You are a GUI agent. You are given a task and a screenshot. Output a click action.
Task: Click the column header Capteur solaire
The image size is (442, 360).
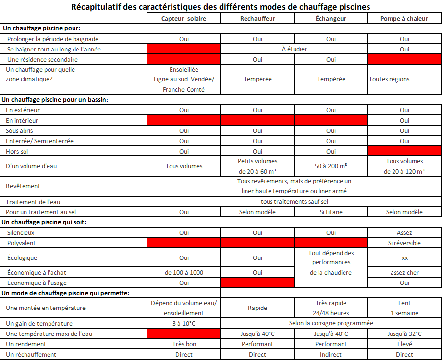tap(184, 18)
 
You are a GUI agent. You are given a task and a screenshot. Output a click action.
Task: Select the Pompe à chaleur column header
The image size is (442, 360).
tap(404, 18)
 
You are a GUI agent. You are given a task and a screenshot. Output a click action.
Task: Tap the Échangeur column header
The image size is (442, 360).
tap(331, 18)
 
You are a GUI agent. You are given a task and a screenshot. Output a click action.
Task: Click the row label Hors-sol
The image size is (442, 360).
tap(18, 152)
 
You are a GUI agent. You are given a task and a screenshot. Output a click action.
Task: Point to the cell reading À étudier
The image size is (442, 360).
tap(294, 49)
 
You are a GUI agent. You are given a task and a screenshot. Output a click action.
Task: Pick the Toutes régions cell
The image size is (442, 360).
tap(389, 79)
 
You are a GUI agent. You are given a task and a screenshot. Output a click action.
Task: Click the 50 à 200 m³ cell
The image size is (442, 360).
tap(331, 166)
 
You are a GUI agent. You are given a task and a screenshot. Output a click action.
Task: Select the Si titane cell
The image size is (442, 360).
tap(331, 212)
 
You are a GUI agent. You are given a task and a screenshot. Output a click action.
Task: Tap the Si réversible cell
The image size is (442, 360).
tap(404, 243)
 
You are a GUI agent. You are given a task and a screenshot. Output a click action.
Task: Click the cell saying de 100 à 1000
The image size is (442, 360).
tap(184, 272)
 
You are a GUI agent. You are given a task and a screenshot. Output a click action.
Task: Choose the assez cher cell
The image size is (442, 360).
tap(404, 272)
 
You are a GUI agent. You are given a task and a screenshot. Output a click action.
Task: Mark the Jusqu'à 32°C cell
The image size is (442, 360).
tap(404, 334)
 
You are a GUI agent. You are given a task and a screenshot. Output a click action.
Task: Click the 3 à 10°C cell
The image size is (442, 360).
tap(184, 323)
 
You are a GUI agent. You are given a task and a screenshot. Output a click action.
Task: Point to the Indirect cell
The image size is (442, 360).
tap(331, 354)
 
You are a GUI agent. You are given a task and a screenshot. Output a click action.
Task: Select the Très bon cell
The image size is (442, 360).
tap(184, 344)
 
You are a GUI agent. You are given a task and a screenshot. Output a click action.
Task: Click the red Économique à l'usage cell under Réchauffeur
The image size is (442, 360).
tap(257, 283)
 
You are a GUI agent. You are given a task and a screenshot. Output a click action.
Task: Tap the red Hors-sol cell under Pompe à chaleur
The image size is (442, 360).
tap(404, 152)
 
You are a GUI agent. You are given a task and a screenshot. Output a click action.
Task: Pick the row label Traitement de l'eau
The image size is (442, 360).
tap(33, 202)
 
